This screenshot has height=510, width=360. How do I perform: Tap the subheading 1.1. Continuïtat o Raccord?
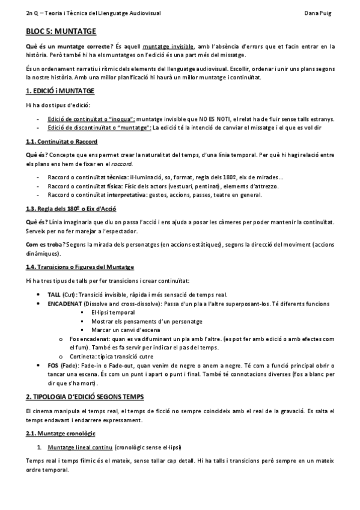(x=57, y=141)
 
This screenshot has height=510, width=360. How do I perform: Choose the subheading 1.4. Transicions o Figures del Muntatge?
(x=81, y=266)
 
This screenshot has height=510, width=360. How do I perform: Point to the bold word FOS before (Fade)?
(x=52, y=365)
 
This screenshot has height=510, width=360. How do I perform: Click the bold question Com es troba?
(x=43, y=245)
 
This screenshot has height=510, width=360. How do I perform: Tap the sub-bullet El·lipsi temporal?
(x=113, y=313)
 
